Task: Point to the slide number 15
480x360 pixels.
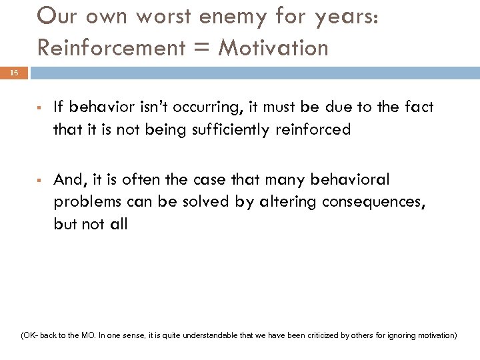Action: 15,73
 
